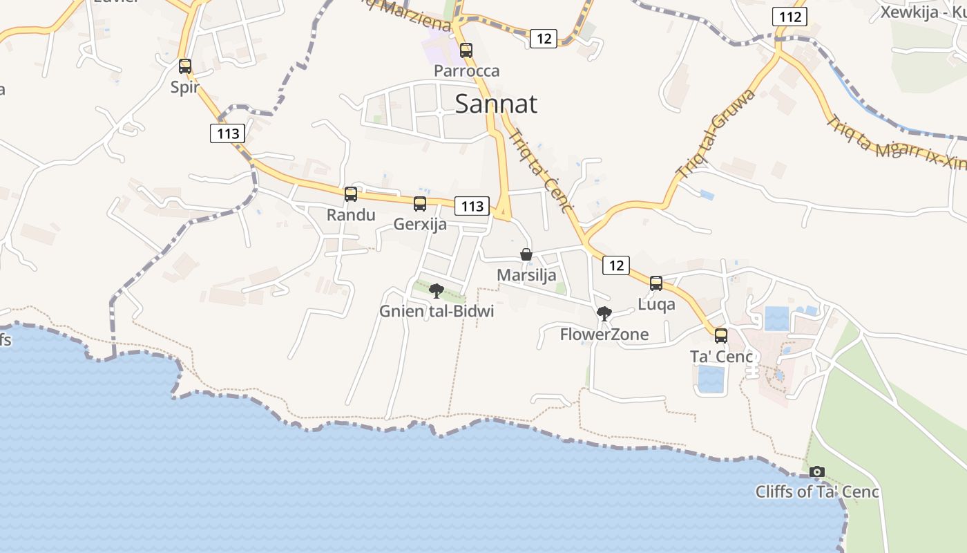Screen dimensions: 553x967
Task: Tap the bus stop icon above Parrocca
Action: [466, 50]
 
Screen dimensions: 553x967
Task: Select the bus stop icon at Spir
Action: [185, 66]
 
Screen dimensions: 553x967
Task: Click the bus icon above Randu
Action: [351, 194]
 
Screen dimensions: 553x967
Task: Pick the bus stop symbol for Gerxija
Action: [420, 204]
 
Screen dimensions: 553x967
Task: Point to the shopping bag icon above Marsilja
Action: [526, 254]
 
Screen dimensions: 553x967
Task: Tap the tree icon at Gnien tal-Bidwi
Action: [437, 291]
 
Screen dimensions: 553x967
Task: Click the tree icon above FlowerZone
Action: [604, 314]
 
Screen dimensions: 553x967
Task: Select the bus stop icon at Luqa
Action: [656, 283]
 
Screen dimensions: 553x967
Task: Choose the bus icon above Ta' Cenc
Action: [721, 336]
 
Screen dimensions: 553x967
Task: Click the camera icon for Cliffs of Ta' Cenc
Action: [817, 471]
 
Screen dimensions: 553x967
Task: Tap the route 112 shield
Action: [789, 17]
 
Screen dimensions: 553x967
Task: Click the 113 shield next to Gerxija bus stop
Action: [472, 206]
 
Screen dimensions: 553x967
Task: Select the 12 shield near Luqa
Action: [616, 265]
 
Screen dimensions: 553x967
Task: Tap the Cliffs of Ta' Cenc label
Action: [817, 492]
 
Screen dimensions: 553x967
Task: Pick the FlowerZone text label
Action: [604, 335]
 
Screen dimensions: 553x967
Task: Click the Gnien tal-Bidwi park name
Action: [437, 311]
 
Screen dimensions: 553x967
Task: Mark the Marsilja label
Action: [526, 275]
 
